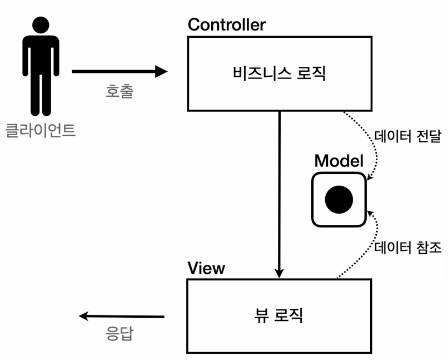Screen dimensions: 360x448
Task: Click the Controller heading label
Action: coord(227,25)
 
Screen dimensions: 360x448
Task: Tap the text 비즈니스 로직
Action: coord(279,73)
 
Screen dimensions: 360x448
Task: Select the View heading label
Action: coord(206,268)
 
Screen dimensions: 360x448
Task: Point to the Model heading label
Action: coord(339,161)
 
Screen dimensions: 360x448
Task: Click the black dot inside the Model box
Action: coord(339,199)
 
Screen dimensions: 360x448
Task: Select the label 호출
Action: coord(119,91)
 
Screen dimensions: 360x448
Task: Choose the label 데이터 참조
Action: coord(408,246)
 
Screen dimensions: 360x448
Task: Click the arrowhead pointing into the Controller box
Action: coord(161,71)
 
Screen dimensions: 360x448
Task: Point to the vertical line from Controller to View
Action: coord(279,189)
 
